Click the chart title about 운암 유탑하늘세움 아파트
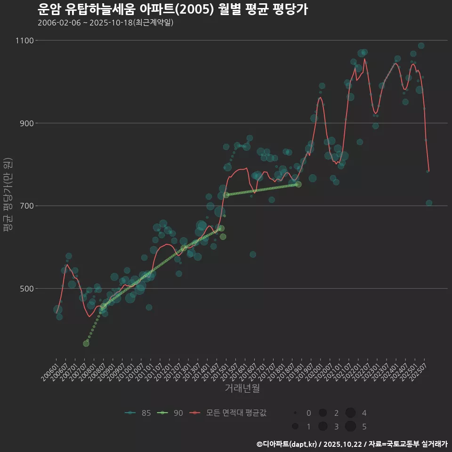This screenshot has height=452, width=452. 172,9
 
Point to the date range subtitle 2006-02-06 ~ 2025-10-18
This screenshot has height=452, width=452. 105,23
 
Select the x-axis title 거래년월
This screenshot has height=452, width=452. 242,388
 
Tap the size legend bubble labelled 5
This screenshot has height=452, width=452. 350,427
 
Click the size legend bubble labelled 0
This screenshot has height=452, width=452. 295,413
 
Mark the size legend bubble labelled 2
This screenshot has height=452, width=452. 323,413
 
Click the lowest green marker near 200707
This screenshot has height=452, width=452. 86,344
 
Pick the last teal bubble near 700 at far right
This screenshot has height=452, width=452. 429,203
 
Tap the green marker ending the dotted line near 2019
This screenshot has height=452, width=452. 298,184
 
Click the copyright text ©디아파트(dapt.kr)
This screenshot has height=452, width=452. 287,444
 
